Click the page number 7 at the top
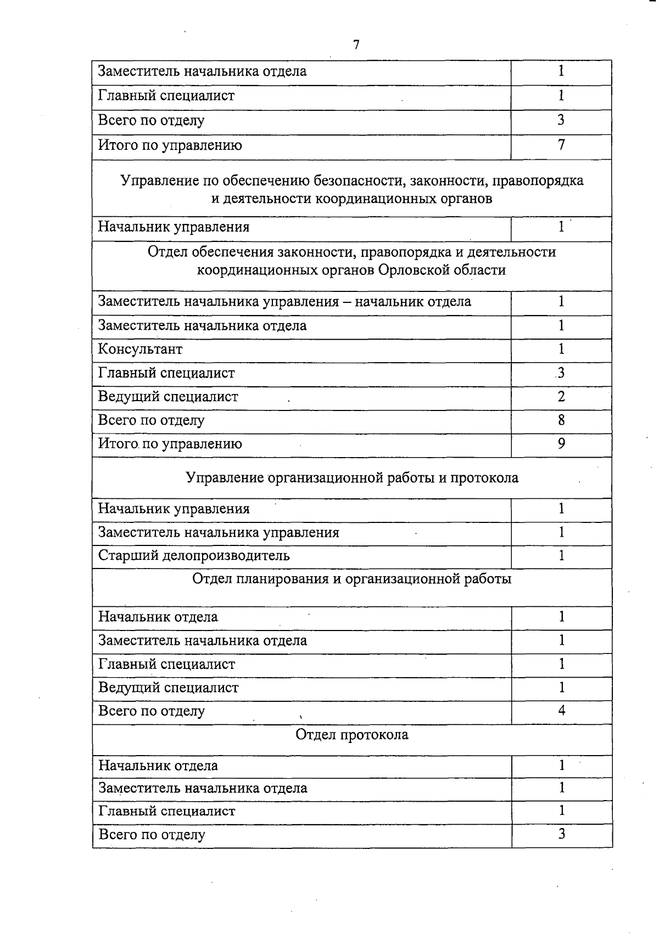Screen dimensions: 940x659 [x=356, y=45]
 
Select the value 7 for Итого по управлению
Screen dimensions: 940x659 [x=561, y=145]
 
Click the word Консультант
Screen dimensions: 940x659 [x=140, y=349]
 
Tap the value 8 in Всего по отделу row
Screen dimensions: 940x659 [x=561, y=420]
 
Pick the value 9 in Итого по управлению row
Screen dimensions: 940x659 [x=561, y=443]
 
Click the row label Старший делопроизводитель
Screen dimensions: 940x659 [x=194, y=555]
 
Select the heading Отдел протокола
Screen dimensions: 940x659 [x=351, y=734]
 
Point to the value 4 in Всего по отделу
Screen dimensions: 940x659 [x=561, y=711]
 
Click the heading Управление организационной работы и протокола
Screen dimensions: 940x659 [x=351, y=477]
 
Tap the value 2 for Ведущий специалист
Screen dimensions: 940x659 [x=561, y=396]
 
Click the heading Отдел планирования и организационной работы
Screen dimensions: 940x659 [x=351, y=579]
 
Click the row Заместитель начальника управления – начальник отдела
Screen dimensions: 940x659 [x=284, y=301]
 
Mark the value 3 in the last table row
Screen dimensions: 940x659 [x=561, y=834]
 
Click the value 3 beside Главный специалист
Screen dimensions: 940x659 [x=561, y=373]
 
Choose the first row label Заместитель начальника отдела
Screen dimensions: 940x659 [x=202, y=71]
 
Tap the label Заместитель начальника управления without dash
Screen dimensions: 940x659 [x=218, y=532]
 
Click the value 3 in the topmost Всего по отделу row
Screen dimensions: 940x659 [x=561, y=120]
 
